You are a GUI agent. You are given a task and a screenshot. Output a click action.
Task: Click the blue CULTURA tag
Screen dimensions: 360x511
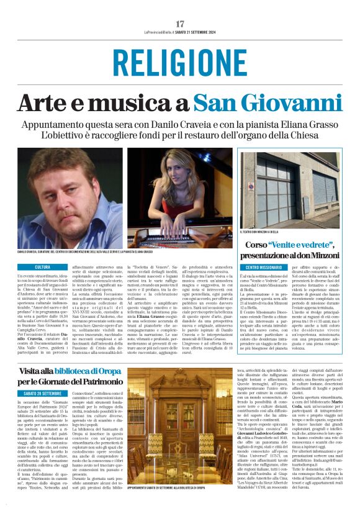[43, 266]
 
